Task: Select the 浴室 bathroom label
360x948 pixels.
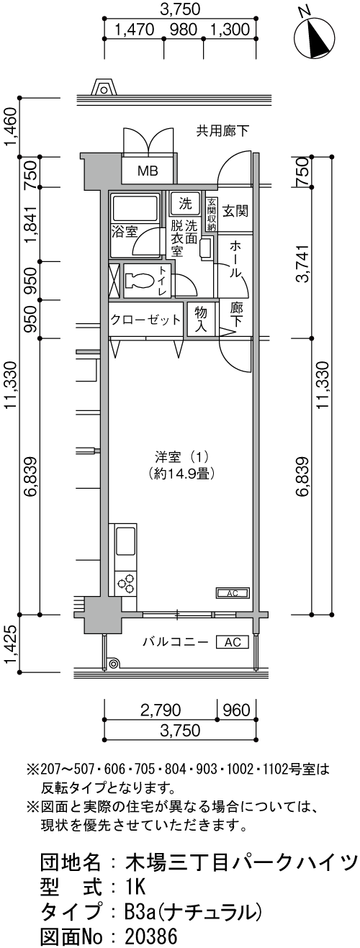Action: tap(124, 232)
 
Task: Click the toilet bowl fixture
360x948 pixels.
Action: tap(140, 281)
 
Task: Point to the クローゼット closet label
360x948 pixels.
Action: tap(145, 320)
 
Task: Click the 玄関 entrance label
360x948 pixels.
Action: tap(235, 211)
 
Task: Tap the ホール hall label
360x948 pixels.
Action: tap(235, 259)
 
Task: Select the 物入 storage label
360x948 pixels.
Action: tap(201, 319)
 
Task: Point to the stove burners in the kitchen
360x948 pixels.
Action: tap(125, 582)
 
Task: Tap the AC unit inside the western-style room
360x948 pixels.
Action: tap(233, 593)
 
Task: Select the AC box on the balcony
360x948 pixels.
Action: tap(232, 641)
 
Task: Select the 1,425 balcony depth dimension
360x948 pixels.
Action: tap(11, 645)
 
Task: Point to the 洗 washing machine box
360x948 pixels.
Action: tap(186, 203)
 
